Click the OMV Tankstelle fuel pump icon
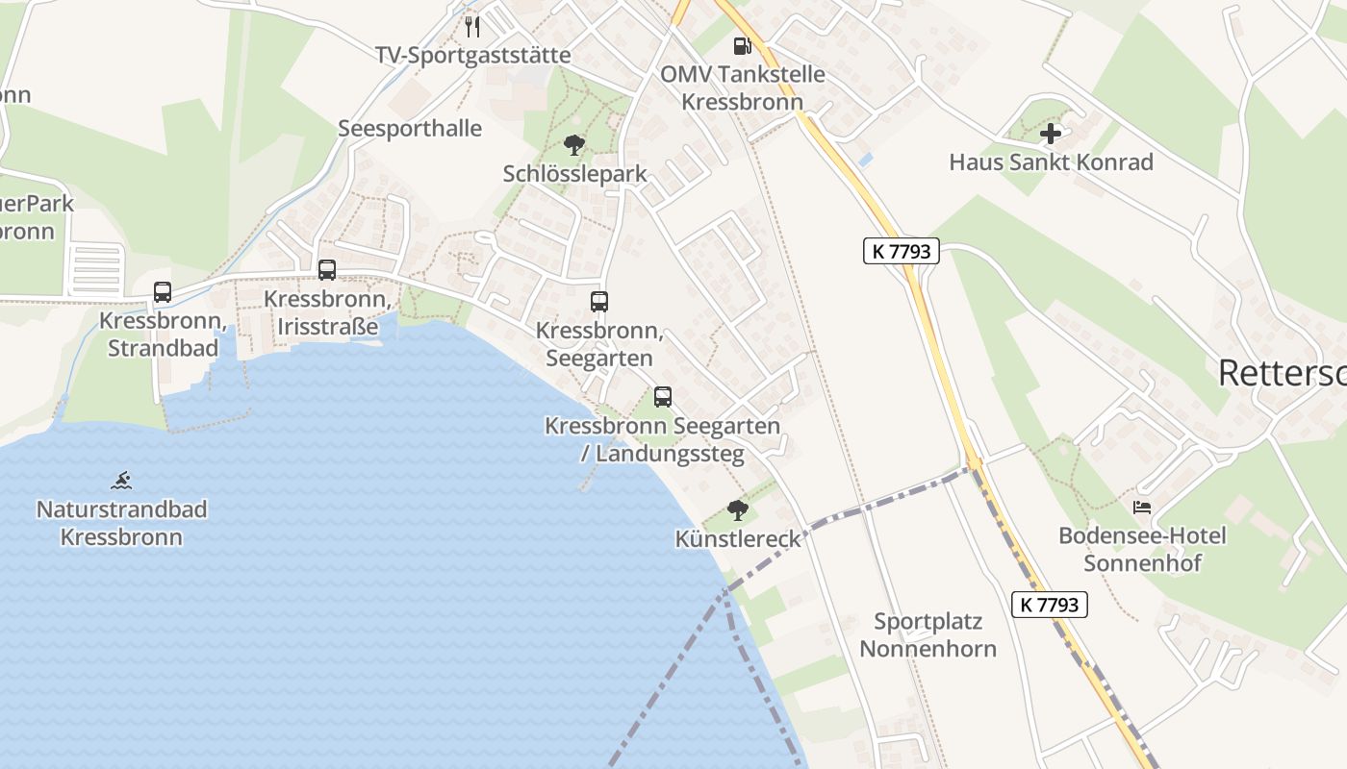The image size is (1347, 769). coord(741,45)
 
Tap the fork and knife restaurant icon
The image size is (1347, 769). coord(471,26)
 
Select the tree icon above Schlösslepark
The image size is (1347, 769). coord(574,145)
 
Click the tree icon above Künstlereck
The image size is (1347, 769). coord(737,510)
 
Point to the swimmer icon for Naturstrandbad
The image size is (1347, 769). coord(121,480)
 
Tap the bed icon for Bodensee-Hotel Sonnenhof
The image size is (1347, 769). coord(1142,507)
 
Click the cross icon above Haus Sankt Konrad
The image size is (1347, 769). coord(1051,134)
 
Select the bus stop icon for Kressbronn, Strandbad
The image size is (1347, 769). coord(163,292)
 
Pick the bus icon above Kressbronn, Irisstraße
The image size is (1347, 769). coord(327,270)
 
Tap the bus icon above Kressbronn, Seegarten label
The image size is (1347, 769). coord(599,302)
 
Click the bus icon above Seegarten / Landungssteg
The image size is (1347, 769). coord(663,397)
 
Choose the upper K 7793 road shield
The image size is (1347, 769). coord(901,252)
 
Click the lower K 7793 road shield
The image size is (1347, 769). coord(1050,605)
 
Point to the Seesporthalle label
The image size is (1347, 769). coord(410,129)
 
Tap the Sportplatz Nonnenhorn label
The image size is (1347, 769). coord(928,635)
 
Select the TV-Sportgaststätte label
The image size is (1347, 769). coord(472,56)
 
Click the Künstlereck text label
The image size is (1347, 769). coord(738,539)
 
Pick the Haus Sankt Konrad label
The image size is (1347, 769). coord(1051,162)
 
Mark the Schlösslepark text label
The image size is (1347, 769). coord(574,174)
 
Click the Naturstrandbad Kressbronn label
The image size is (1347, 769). coord(121,523)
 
